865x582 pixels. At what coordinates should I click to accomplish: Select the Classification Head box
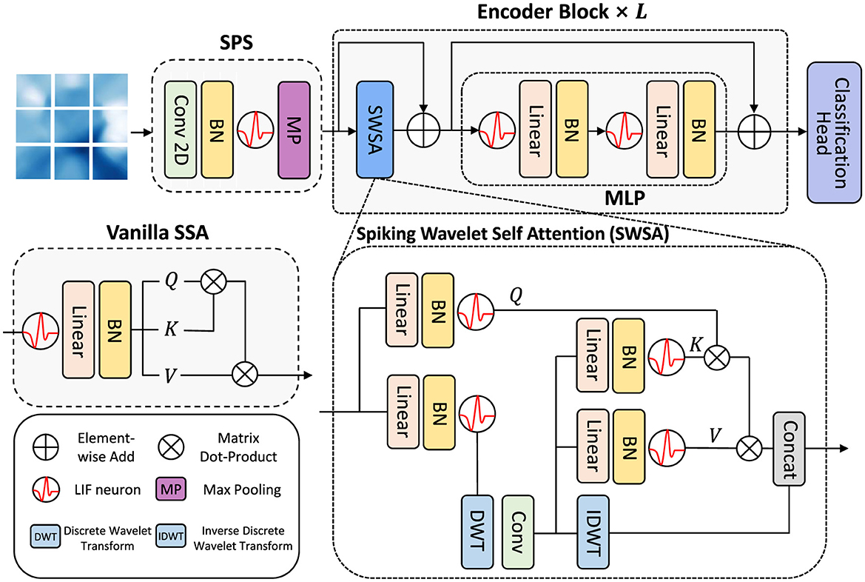tap(832, 131)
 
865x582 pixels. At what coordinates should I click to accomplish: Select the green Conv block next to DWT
tap(519, 532)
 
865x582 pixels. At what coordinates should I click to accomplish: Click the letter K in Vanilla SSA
tap(169, 331)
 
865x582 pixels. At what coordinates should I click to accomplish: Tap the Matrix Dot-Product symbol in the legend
tap(170, 449)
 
